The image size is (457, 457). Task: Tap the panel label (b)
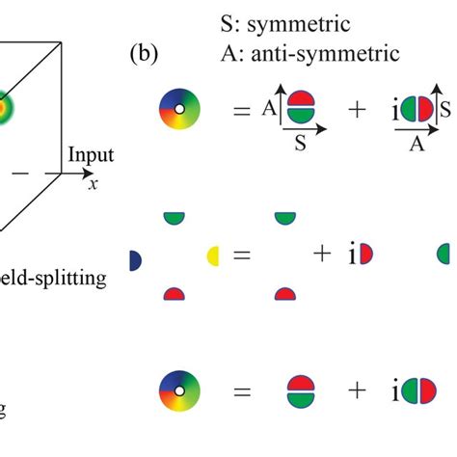point(145,52)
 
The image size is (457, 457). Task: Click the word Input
point(92,155)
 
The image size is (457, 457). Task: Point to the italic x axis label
point(93,184)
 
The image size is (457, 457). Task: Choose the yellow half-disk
point(213,255)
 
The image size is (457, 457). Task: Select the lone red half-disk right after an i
point(366,255)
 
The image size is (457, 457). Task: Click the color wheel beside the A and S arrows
point(178,111)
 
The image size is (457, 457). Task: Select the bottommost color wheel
point(178,391)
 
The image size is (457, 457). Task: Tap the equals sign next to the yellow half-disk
point(241,256)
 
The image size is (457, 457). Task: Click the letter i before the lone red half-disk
point(352,255)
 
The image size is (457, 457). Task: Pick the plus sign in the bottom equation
point(358,391)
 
